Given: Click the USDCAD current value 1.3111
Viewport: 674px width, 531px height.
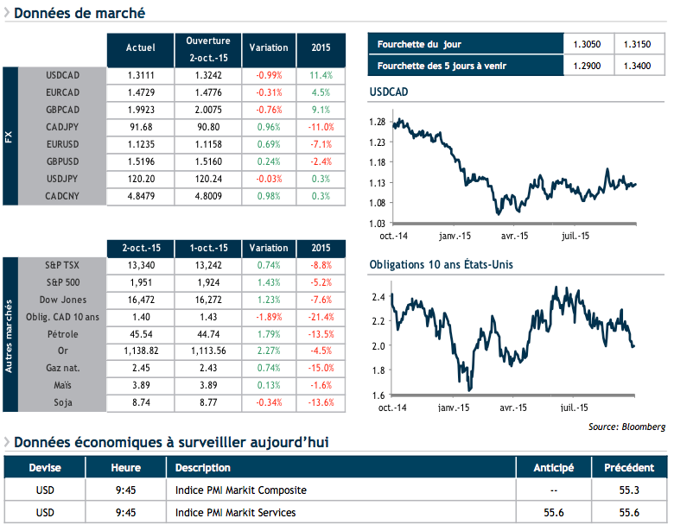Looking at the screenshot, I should pyautogui.click(x=140, y=75).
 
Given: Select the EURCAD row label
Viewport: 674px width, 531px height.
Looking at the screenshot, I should pyautogui.click(x=62, y=92).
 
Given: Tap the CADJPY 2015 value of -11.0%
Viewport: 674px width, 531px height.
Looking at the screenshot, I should pyautogui.click(x=320, y=127).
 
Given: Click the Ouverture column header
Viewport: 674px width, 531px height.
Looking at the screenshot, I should pyautogui.click(x=208, y=48).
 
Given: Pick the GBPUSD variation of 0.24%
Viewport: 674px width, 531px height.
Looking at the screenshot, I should pyautogui.click(x=269, y=161).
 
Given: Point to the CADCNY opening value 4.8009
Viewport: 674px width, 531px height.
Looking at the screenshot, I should pyautogui.click(x=208, y=196).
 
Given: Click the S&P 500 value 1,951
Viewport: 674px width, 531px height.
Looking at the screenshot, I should pyautogui.click(x=140, y=282).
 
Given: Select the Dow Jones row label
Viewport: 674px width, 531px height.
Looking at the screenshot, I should pyautogui.click(x=62, y=300).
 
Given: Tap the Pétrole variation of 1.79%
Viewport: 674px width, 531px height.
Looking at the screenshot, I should pyautogui.click(x=269, y=334).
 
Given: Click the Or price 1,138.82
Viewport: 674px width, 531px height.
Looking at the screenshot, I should pyautogui.click(x=140, y=351).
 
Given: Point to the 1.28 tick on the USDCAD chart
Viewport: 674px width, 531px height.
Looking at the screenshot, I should pyautogui.click(x=376, y=122).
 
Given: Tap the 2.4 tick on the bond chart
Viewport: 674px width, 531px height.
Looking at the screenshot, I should pyautogui.click(x=378, y=297).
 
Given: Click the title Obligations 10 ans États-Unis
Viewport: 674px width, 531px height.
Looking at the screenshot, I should pyautogui.click(x=441, y=264).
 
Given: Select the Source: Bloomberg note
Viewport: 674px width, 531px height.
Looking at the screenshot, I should pyautogui.click(x=626, y=427).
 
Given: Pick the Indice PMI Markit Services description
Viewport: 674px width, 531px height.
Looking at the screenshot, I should pyautogui.click(x=235, y=513).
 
